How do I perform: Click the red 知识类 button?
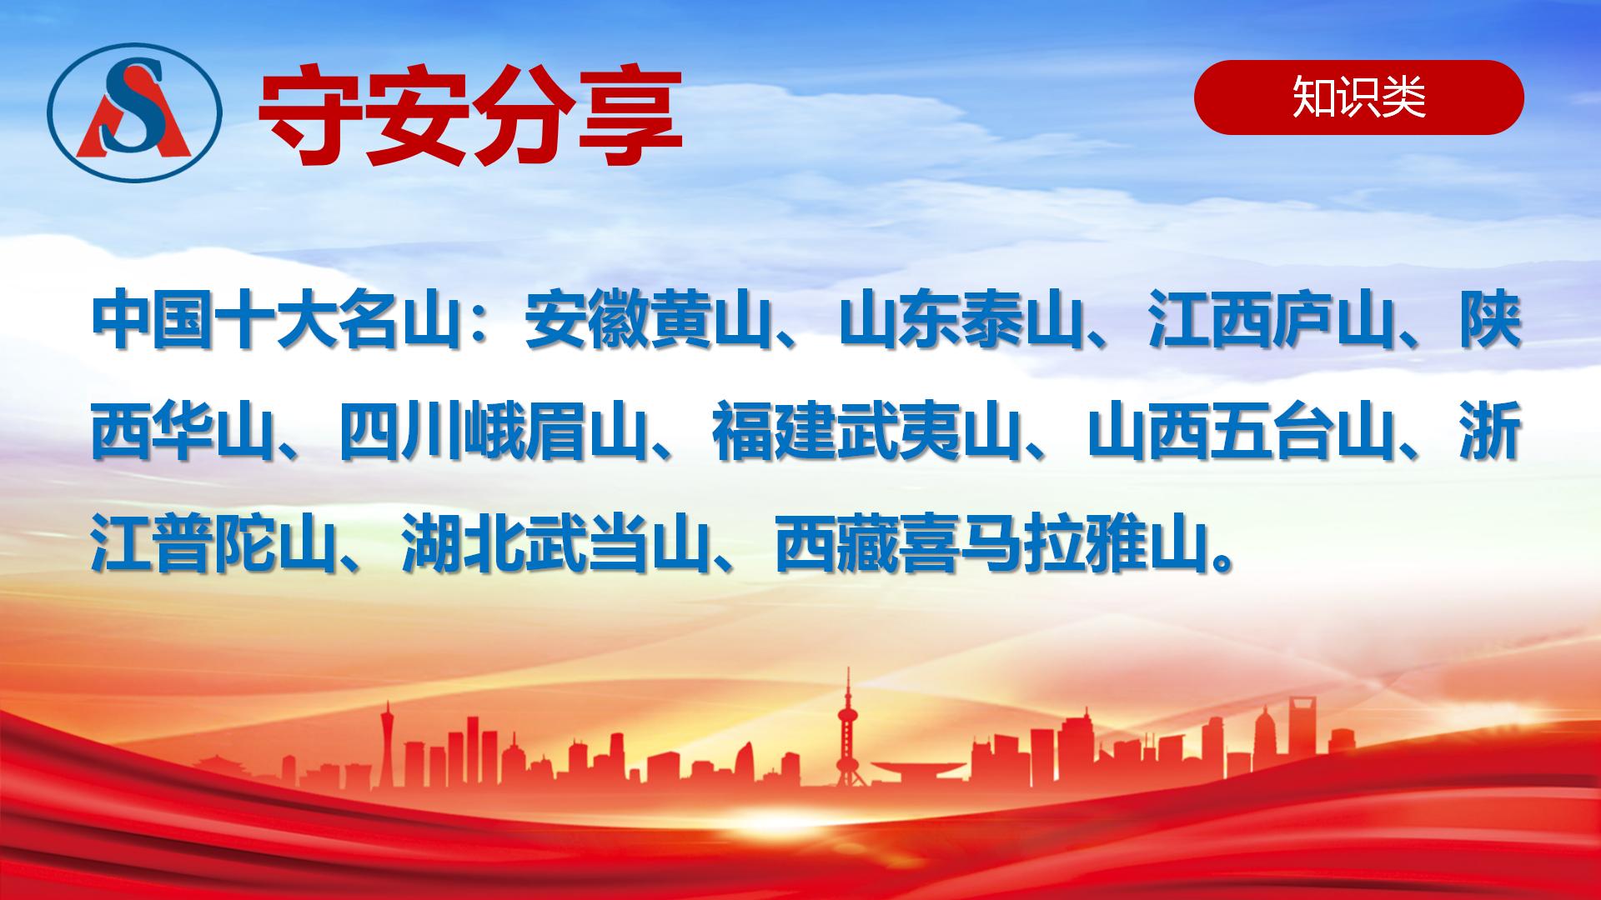tap(1358, 97)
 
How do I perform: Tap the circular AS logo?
tap(133, 112)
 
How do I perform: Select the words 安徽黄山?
tap(647, 321)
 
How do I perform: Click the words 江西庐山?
tap(1272, 321)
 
